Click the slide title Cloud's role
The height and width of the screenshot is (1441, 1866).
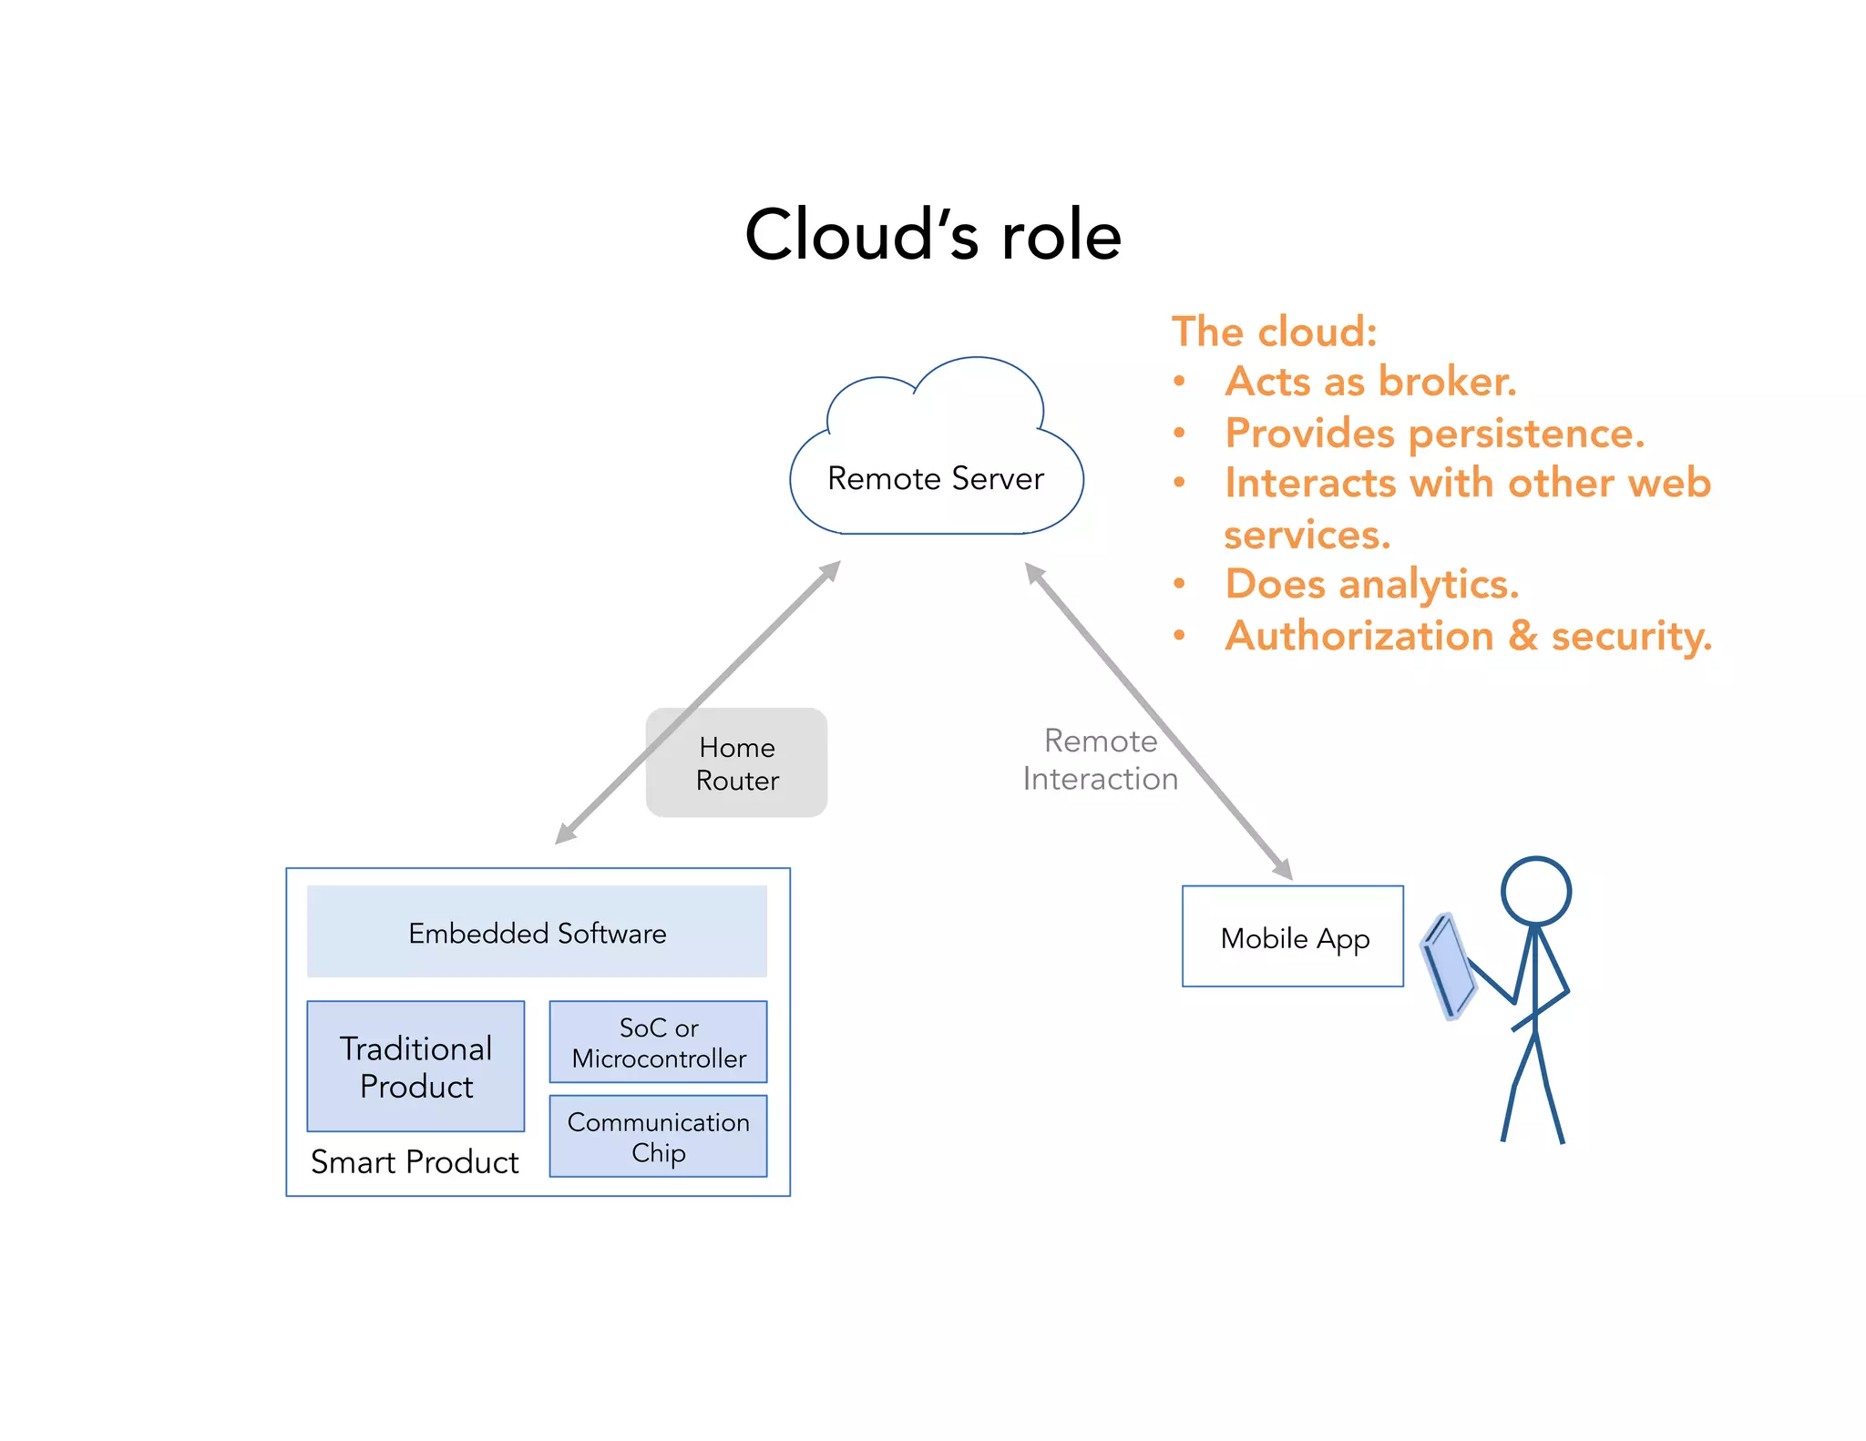933,235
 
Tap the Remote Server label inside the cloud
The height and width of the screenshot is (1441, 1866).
935,478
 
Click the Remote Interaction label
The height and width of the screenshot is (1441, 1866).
1100,760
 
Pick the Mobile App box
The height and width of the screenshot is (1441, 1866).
1292,936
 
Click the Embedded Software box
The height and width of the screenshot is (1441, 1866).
537,932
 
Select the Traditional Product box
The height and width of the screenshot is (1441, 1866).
415,1067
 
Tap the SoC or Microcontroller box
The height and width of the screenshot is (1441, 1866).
658,1042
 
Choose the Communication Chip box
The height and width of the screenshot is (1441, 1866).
658,1136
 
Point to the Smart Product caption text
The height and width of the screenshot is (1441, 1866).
415,1162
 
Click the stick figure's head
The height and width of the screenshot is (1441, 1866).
1536,891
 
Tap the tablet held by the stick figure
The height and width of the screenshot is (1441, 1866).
1449,966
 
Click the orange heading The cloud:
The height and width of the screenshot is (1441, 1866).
1274,332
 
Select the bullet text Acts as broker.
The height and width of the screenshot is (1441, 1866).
1370,382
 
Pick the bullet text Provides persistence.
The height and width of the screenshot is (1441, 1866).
1434,433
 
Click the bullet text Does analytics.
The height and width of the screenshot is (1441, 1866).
1371,584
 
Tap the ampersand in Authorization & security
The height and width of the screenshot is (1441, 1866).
1523,635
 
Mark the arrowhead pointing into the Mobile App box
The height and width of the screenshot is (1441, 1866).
1284,870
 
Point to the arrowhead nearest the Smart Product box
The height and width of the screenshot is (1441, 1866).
564,834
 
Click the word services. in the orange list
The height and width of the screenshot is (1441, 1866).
1307,535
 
